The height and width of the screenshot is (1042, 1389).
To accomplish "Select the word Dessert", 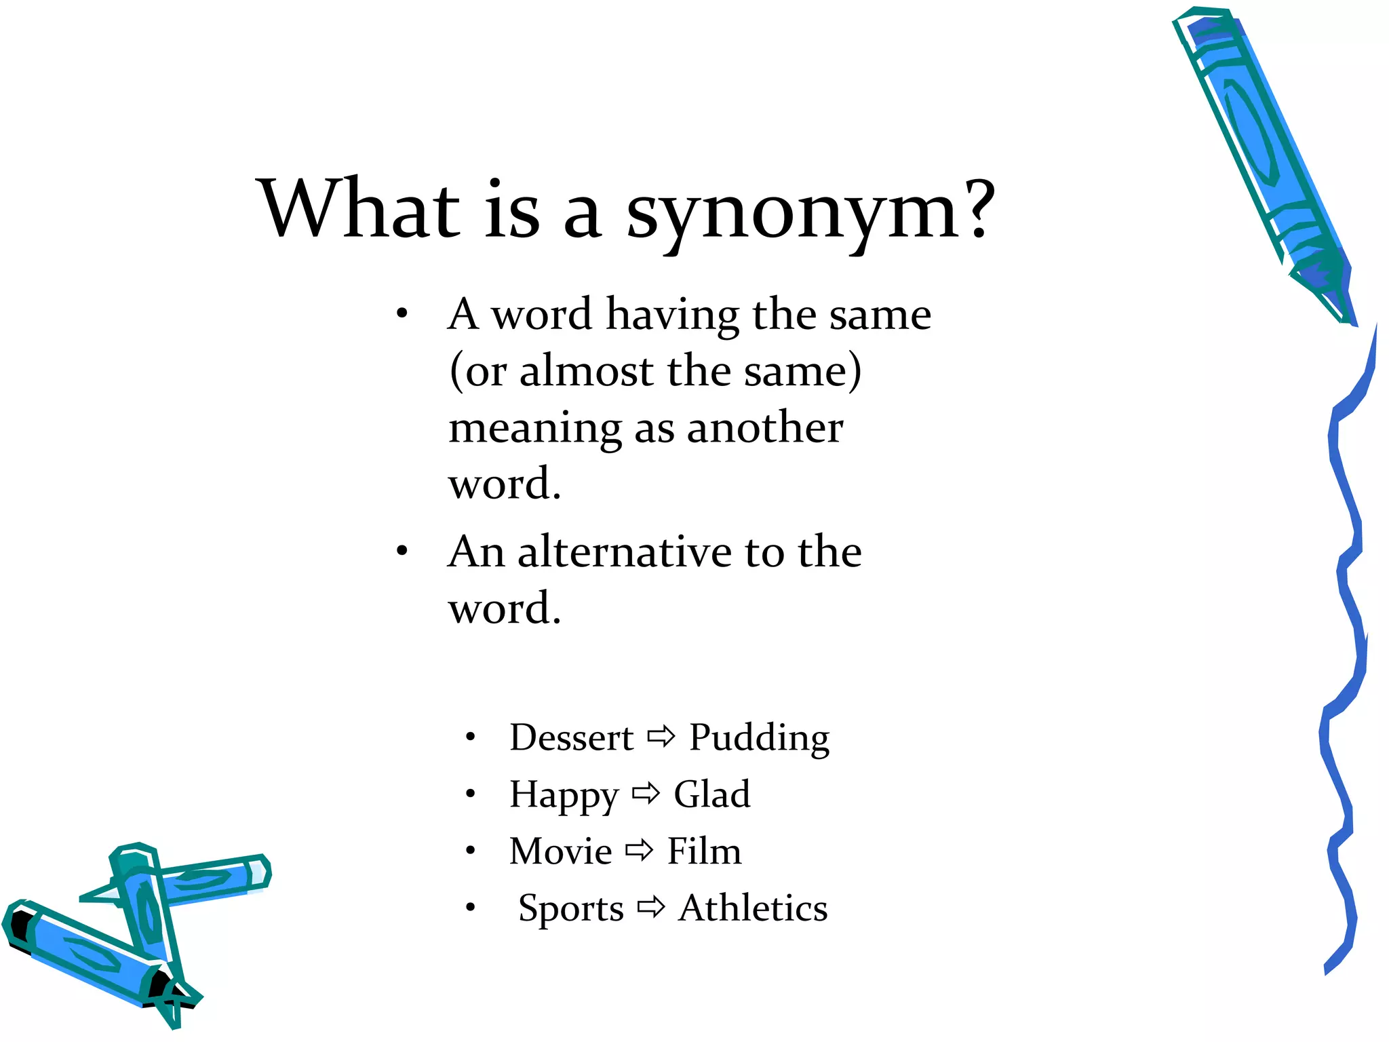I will (x=571, y=737).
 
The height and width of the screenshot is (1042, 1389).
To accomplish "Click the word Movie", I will (x=560, y=851).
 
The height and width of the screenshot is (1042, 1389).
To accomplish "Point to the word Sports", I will (x=570, y=909).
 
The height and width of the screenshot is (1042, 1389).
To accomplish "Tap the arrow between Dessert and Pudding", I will (x=661, y=736).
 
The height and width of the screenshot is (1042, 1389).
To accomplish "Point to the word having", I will (x=672, y=315).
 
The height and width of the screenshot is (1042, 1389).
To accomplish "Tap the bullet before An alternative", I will (x=402, y=551).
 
